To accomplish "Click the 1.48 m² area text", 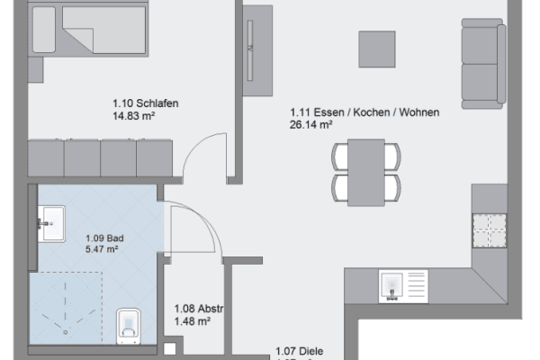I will [x=192, y=321].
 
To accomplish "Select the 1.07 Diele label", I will [x=299, y=353].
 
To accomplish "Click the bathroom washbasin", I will [x=50, y=222].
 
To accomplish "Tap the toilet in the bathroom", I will [x=130, y=325].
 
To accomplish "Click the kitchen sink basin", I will [x=393, y=284].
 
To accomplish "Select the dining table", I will [x=365, y=171].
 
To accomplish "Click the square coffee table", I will [x=377, y=49].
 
